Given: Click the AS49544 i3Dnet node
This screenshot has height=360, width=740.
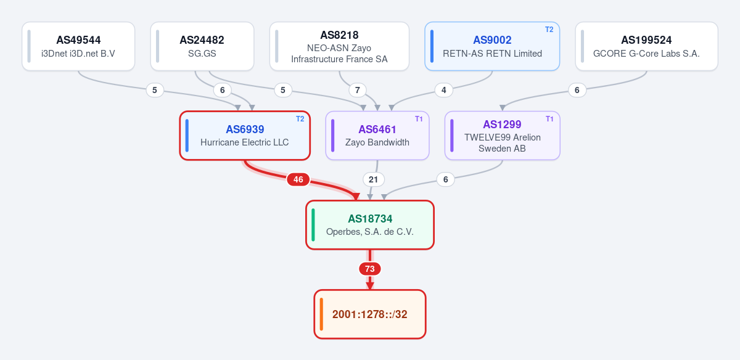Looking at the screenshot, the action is pos(78,46).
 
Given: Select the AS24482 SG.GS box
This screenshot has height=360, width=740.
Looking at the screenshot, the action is pos(202,46).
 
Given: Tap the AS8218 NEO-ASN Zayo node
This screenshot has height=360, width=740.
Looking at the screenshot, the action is pos(339,46).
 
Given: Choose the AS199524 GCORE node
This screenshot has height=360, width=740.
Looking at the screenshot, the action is pos(646,46).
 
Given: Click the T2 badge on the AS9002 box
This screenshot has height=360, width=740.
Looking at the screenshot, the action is pos(549,30).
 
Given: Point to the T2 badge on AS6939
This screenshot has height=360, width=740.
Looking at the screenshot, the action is pos(300,119).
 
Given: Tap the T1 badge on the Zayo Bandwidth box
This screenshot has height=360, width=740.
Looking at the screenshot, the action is pos(419,119).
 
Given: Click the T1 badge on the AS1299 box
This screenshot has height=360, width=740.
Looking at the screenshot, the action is pos(549,119).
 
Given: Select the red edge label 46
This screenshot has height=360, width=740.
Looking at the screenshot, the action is pos(298,179).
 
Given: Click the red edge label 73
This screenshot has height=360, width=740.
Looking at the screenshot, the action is pos(370,269).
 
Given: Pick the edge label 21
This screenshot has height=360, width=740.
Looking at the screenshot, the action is pos(373,179).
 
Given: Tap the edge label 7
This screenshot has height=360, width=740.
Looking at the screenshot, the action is pos(358,90).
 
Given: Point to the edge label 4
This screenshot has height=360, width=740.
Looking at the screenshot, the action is pos(443,90).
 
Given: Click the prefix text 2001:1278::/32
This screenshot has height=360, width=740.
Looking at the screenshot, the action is pos(369,314).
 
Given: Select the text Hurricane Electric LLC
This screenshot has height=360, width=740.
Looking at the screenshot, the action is pos(244,142).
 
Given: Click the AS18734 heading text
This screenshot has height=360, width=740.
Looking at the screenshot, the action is pos(370,219).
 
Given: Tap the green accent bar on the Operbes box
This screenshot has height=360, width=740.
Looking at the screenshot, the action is pos(313,225).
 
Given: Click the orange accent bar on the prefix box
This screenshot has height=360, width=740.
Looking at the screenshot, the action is pos(321,314).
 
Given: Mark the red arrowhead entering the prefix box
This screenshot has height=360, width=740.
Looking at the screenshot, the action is pos(370,286).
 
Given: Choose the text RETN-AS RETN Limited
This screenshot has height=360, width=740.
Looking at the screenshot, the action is pos(492,54).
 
